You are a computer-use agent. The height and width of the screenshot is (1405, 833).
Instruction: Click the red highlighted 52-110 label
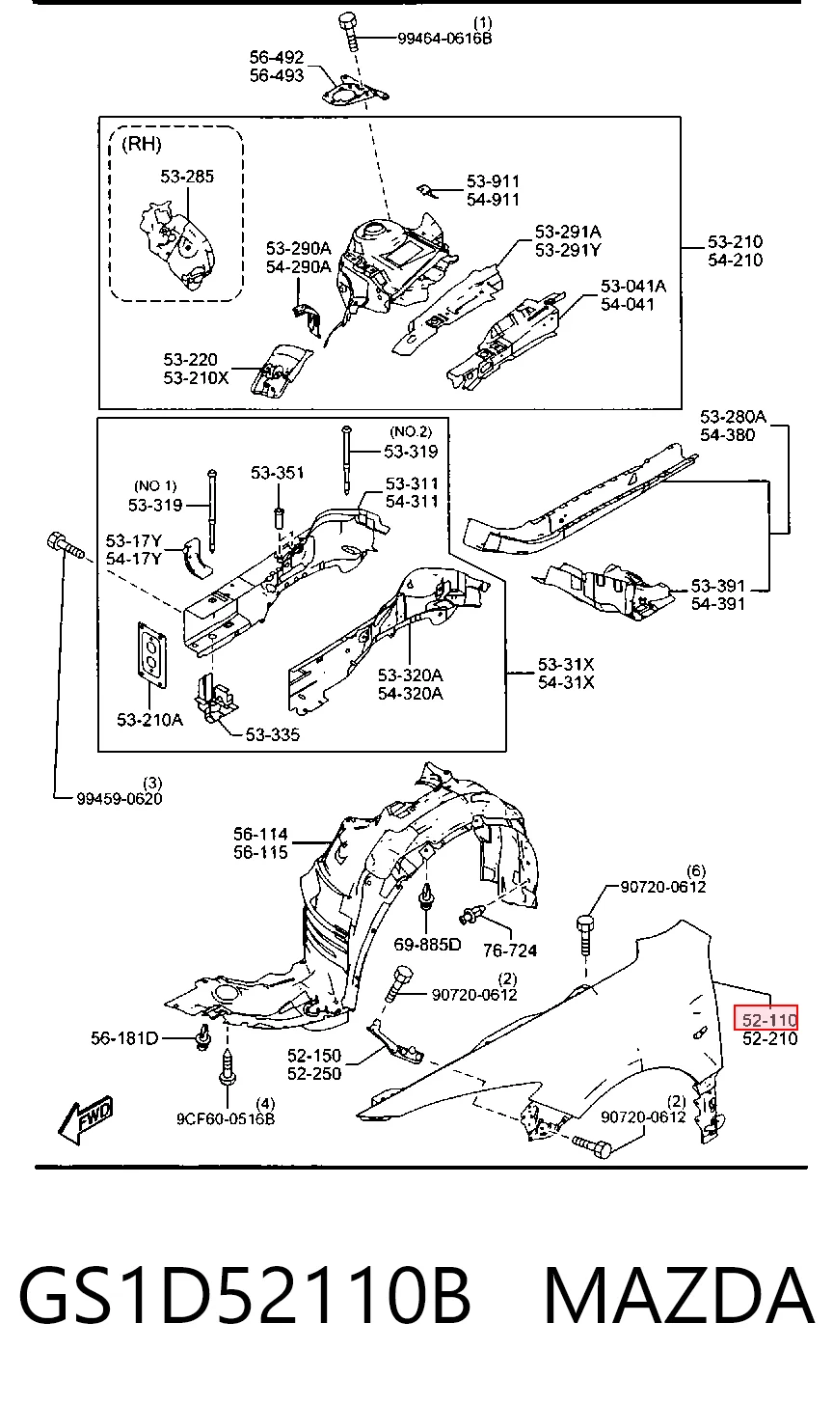pyautogui.click(x=766, y=1019)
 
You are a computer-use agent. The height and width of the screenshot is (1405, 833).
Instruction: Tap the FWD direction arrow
pyautogui.click(x=87, y=1119)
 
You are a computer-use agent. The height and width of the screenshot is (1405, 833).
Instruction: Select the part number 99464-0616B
pyautogui.click(x=444, y=39)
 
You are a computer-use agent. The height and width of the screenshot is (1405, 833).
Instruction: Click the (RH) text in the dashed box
pyautogui.click(x=141, y=145)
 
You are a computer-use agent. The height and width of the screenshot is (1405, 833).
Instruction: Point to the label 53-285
pyautogui.click(x=187, y=177)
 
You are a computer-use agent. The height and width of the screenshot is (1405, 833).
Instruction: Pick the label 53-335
pyautogui.click(x=272, y=733)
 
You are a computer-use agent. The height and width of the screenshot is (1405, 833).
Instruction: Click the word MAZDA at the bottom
pyautogui.click(x=679, y=1296)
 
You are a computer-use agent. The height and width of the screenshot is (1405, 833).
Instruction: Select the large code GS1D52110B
pyautogui.click(x=245, y=1296)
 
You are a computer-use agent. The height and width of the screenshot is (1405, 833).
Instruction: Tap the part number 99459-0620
pyautogui.click(x=120, y=798)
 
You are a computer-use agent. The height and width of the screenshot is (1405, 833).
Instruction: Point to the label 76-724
pyautogui.click(x=510, y=950)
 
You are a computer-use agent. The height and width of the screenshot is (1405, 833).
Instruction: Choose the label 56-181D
pyautogui.click(x=124, y=1038)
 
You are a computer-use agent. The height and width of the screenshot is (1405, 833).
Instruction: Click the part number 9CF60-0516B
pyautogui.click(x=225, y=1119)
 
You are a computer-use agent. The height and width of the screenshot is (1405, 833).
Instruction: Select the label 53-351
pyautogui.click(x=277, y=472)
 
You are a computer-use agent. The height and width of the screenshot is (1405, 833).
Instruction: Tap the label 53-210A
pyautogui.click(x=149, y=720)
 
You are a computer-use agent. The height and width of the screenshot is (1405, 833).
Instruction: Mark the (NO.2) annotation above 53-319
pyautogui.click(x=411, y=431)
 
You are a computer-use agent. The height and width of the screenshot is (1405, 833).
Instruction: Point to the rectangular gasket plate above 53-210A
pyautogui.click(x=153, y=654)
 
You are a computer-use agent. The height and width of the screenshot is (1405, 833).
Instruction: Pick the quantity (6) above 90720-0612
pyautogui.click(x=696, y=870)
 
